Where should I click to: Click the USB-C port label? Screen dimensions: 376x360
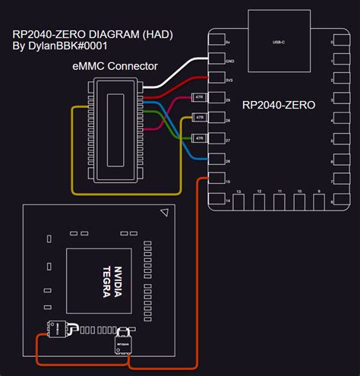pyautogui.click(x=278, y=43)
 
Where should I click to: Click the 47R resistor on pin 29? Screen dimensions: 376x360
pyautogui.click(x=199, y=98)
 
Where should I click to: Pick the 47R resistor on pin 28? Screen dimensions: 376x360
pyautogui.click(x=199, y=118)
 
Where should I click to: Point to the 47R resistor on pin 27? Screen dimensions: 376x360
pyautogui.click(x=199, y=137)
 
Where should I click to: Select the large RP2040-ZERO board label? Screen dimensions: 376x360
pyautogui.click(x=278, y=106)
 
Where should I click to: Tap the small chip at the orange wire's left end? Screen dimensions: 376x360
pyautogui.click(x=55, y=329)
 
